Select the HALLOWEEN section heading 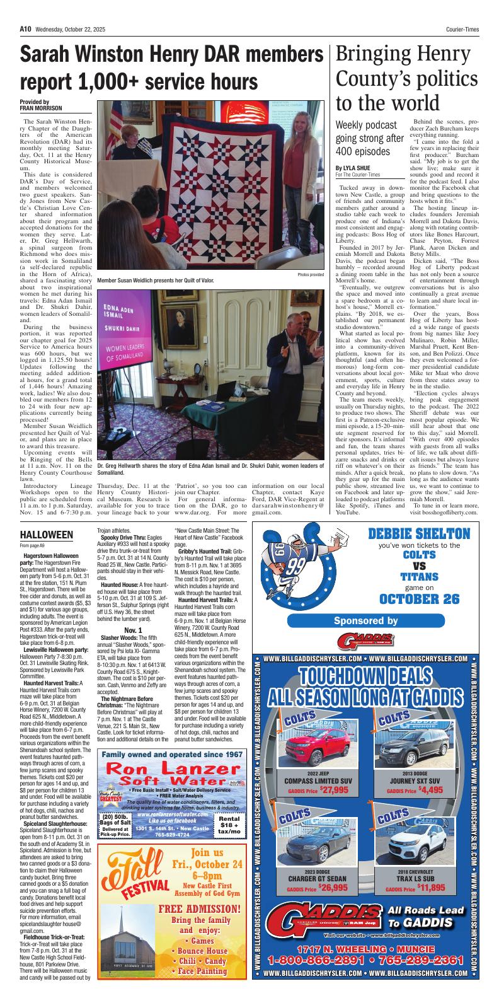(x=47, y=535)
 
